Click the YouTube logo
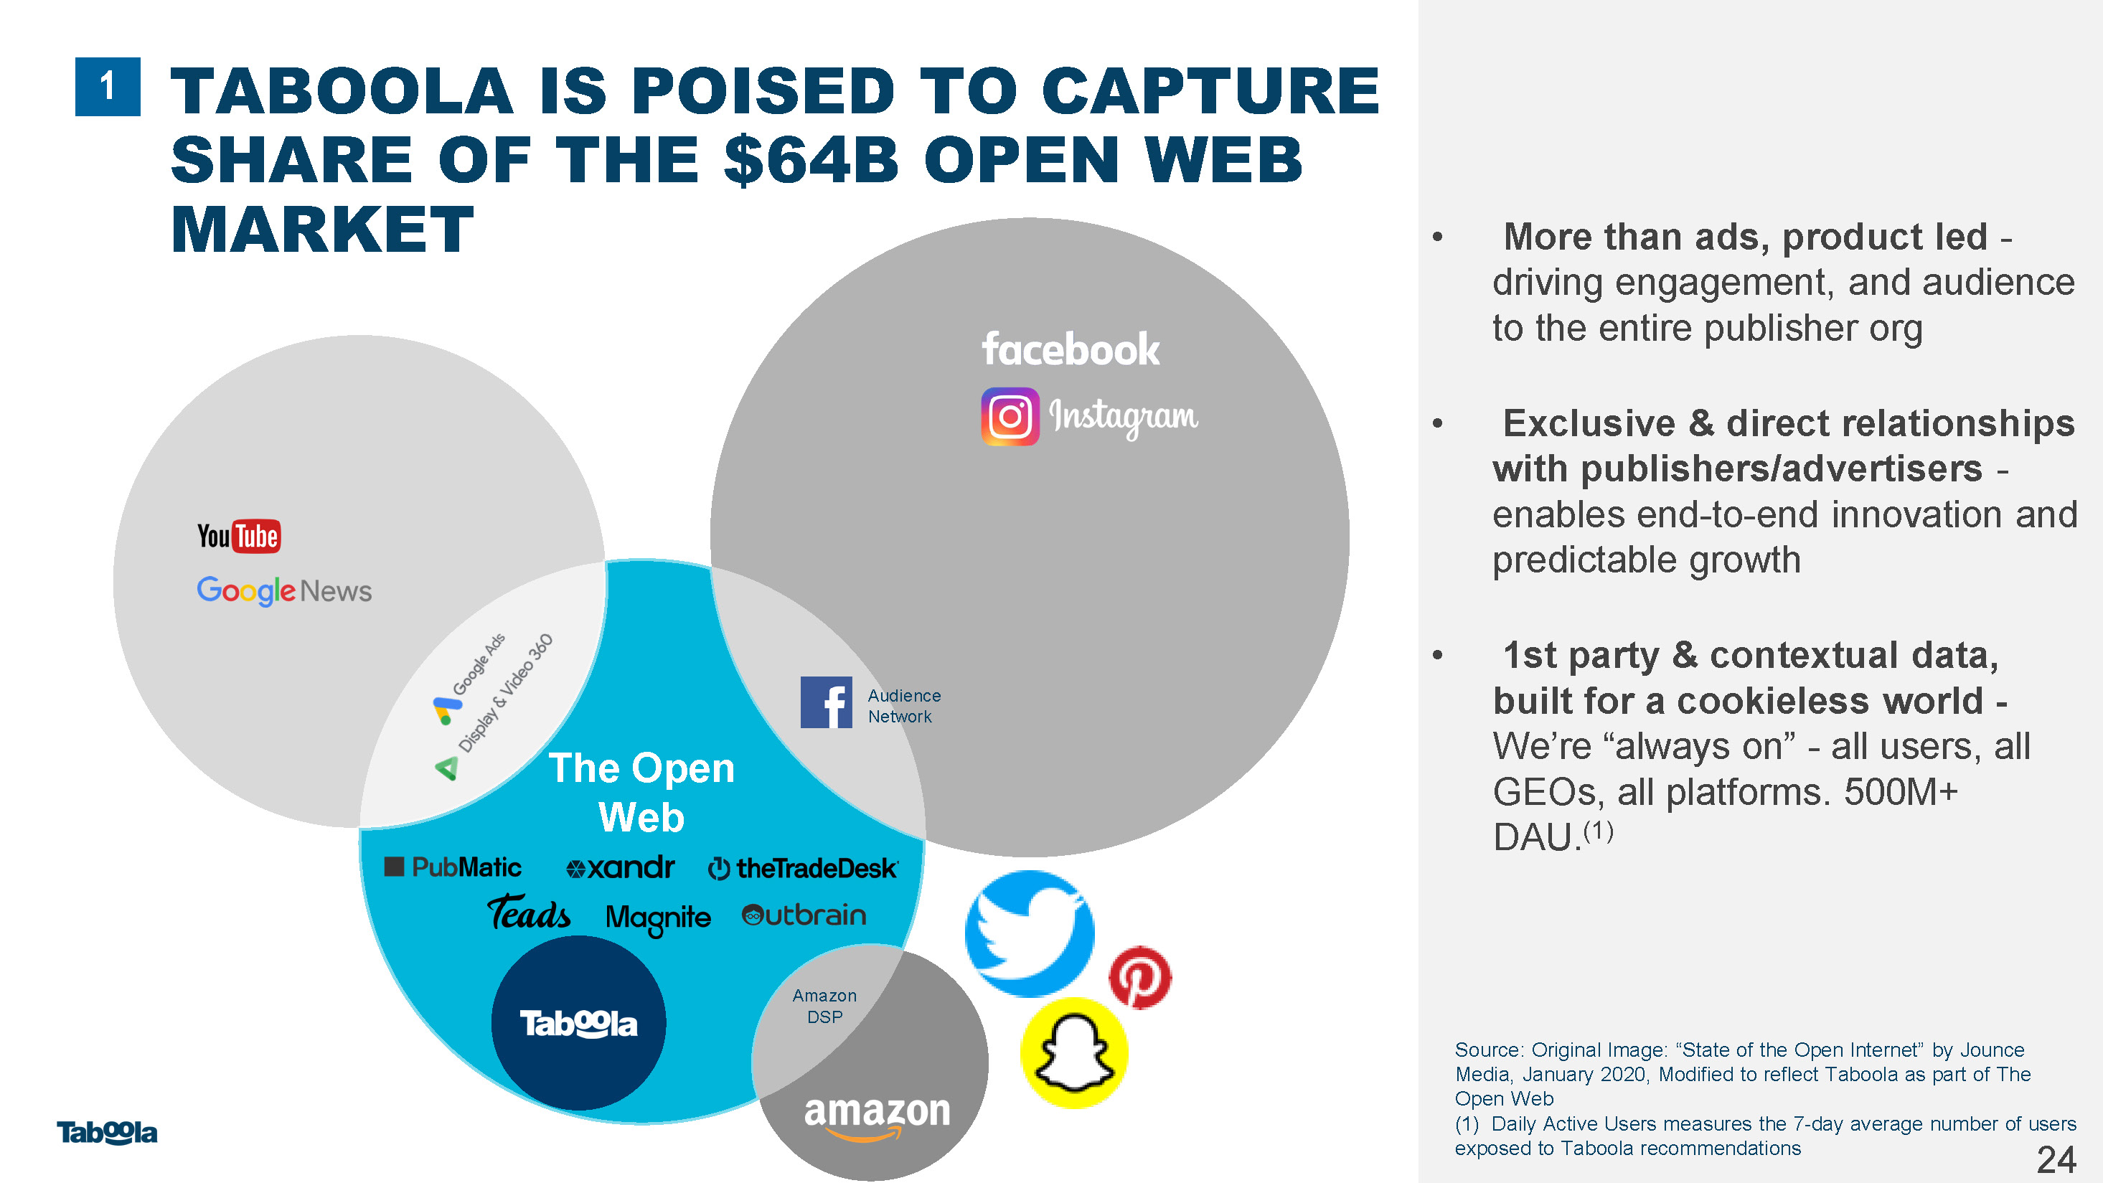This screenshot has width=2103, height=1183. tap(238, 537)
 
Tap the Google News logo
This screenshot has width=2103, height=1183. tap(284, 590)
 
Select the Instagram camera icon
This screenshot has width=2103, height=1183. tap(1010, 416)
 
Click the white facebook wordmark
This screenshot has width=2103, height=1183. tap(1071, 349)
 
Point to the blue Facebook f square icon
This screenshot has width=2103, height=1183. tap(826, 702)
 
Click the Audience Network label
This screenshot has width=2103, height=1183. tap(904, 706)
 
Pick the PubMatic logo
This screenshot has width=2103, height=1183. tap(453, 867)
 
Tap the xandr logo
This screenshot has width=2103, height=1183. tap(621, 867)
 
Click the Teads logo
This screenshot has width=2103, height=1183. tap(529, 913)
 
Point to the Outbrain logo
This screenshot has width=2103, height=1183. tap(804, 915)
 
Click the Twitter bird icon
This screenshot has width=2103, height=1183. tap(1030, 934)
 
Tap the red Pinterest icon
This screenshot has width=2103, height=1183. tap(1139, 977)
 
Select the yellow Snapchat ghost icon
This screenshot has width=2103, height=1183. tap(1074, 1053)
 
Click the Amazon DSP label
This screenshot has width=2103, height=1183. tap(824, 1007)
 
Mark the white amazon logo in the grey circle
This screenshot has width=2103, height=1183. tap(878, 1116)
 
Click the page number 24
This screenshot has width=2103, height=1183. tap(2056, 1159)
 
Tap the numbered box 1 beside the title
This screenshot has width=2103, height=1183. tap(108, 87)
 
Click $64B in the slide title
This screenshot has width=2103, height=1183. tap(811, 160)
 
